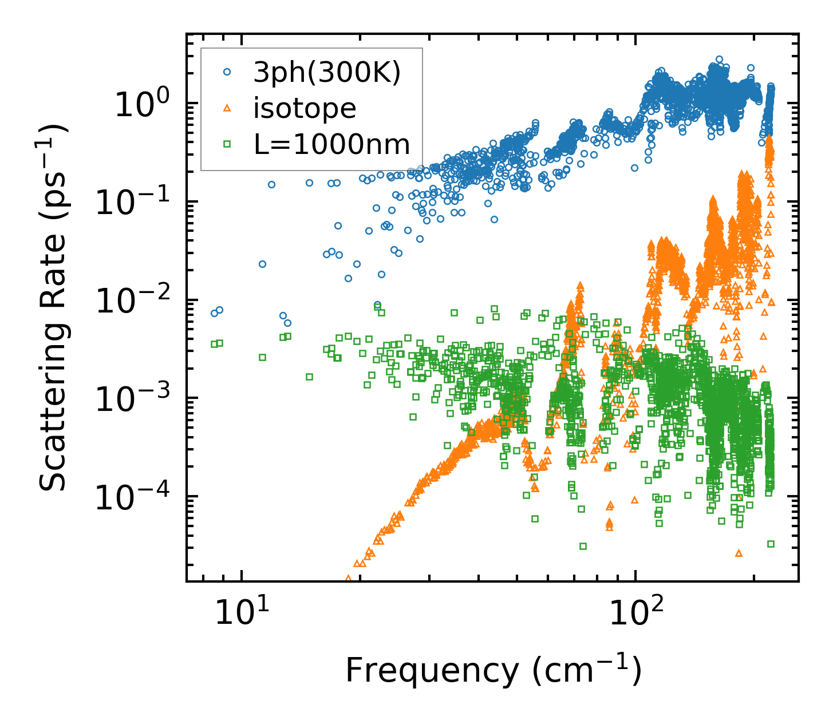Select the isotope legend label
[x=305, y=108]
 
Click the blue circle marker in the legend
[x=227, y=72]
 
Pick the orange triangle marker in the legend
[x=227, y=108]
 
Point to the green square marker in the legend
[x=227, y=144]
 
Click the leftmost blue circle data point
[x=214, y=313]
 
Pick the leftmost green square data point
[x=214, y=344]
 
